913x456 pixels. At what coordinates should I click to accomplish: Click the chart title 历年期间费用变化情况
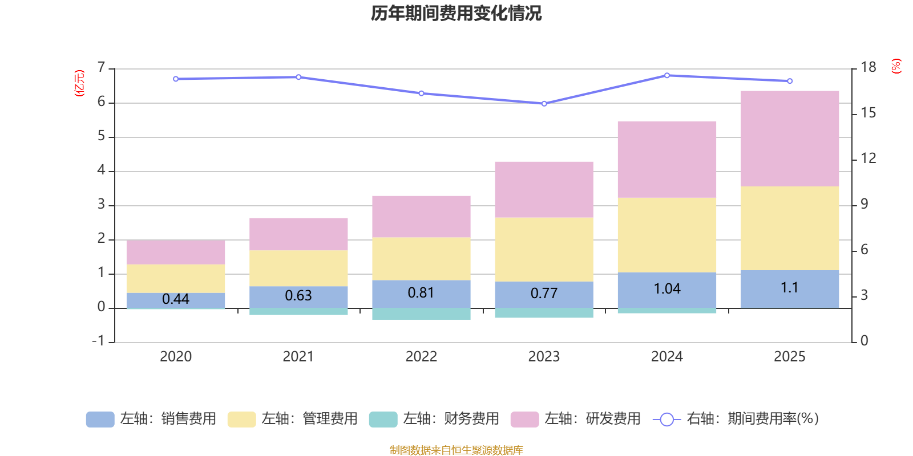coord(456,13)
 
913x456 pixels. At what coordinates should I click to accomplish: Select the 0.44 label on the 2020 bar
coord(176,299)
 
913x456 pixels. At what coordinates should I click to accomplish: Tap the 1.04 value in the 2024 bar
coord(667,289)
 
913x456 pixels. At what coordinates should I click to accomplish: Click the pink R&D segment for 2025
coord(790,139)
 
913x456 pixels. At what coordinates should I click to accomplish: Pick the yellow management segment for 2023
coord(544,249)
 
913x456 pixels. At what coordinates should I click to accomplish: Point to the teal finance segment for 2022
coord(421,314)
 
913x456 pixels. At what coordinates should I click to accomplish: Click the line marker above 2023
coord(544,104)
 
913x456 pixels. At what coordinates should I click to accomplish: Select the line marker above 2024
coord(667,75)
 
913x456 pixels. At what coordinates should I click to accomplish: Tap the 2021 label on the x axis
coord(298,357)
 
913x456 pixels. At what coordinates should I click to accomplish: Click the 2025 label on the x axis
coord(790,357)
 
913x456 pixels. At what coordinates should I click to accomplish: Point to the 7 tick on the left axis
coord(102,68)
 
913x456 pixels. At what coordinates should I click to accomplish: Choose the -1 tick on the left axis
coord(98,341)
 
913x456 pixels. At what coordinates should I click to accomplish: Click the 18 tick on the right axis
coord(868,68)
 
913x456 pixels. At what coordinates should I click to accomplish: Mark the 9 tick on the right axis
coord(864,204)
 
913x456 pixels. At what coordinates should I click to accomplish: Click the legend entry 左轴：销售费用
coord(151,419)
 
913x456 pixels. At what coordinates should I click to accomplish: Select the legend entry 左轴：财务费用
coord(434,419)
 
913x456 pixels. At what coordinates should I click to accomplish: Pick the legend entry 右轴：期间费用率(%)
coord(736,419)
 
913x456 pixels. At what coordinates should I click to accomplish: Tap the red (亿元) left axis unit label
coord(79,83)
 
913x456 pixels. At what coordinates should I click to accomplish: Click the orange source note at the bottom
coord(456,450)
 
